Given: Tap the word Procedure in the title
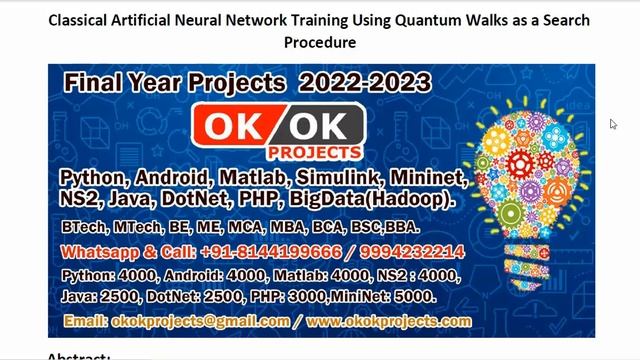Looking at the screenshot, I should point(320,43).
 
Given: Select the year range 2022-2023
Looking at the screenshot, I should point(370,84).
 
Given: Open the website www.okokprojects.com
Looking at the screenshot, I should point(389,322).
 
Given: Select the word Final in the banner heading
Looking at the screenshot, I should point(97,84).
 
